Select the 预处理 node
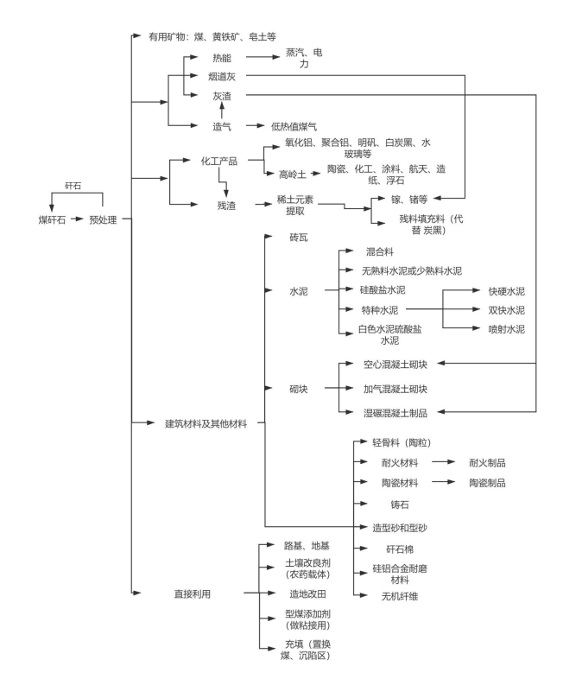104,219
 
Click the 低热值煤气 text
294,125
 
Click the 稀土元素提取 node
300,205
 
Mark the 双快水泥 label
506,309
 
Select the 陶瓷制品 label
487,482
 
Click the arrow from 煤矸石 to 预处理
73,219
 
